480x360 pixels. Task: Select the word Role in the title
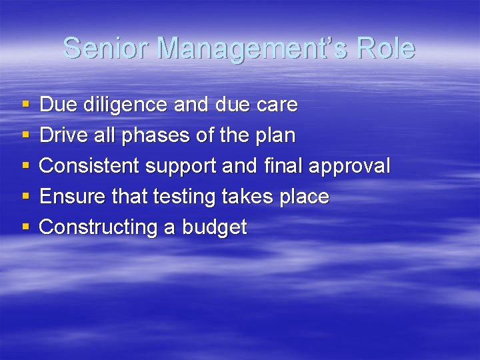[x=386, y=49]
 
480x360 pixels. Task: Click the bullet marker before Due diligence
[x=25, y=105]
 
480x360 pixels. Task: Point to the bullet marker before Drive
[x=25, y=135]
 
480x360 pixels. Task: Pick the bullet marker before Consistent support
[x=25, y=166]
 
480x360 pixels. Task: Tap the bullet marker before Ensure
[x=25, y=197]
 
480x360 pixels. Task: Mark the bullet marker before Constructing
[x=25, y=227]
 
